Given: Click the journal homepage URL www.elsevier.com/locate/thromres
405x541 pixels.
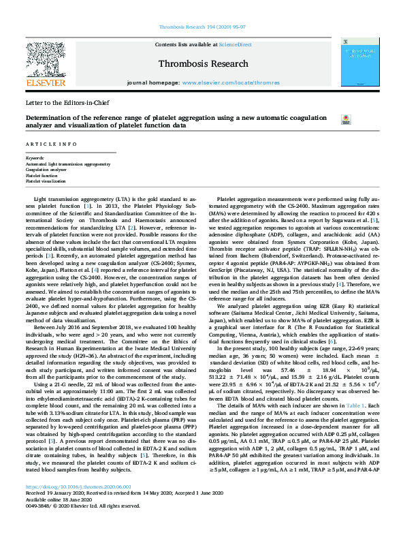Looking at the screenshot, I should (231, 82).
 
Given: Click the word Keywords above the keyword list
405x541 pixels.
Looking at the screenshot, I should (35, 159).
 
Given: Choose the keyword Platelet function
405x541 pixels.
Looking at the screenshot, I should (42, 175).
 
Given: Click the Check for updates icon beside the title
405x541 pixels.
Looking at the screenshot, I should (326, 120).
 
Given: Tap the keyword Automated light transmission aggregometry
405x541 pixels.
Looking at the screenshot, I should (67, 164).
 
